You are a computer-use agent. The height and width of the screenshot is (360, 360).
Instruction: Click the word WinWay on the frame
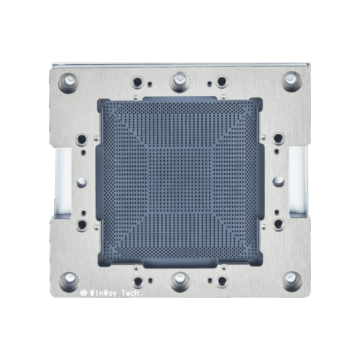pos(103,293)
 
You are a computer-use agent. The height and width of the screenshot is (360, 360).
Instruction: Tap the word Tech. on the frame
pos(136,293)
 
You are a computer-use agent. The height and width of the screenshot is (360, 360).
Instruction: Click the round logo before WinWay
pos(83,293)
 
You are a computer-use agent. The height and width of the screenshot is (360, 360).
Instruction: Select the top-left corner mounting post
pos(68,80)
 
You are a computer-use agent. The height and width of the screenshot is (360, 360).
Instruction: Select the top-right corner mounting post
pos(292,80)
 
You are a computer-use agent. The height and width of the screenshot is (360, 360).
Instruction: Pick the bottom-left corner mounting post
pos(68,280)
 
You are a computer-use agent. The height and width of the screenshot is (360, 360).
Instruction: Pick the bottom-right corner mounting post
pos(292,280)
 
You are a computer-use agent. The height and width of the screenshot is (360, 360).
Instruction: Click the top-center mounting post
pos(179,80)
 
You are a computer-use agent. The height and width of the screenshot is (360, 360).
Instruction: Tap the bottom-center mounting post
pos(179,280)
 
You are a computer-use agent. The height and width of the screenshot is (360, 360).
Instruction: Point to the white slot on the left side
pos(63,180)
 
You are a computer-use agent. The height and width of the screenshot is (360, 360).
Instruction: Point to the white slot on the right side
pos(296,180)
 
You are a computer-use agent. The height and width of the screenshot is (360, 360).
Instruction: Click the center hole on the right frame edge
pos(278,181)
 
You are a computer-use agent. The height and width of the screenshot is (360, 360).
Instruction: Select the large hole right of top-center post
pos(221,82)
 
